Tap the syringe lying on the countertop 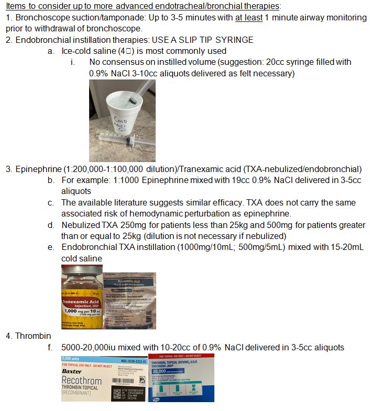126,140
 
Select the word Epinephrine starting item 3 37,169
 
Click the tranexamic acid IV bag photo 130,300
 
